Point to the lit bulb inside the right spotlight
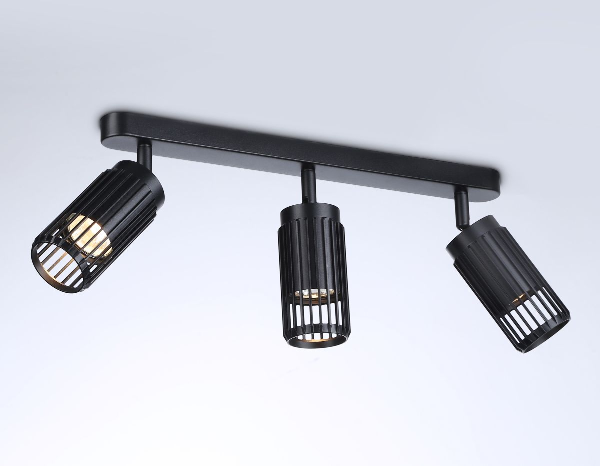pos(520,299)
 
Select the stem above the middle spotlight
pos(308,185)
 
